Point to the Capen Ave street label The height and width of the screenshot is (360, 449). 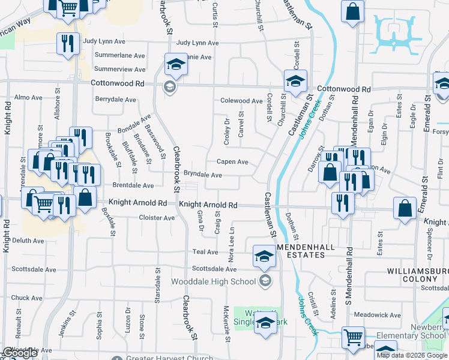point(232,162)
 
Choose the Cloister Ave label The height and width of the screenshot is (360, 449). point(156,217)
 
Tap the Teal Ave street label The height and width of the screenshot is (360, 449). point(205,252)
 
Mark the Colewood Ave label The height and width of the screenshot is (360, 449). point(241,101)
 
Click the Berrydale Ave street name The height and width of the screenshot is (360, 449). point(115,100)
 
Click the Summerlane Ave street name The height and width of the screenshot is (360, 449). point(120,55)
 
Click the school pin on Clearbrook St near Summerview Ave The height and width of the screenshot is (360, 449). point(176,64)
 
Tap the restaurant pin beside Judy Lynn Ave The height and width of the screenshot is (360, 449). point(67,43)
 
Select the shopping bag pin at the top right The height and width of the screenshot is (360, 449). point(352,10)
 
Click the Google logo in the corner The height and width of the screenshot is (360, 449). point(20,353)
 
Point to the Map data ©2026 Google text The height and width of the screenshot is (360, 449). point(412,355)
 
